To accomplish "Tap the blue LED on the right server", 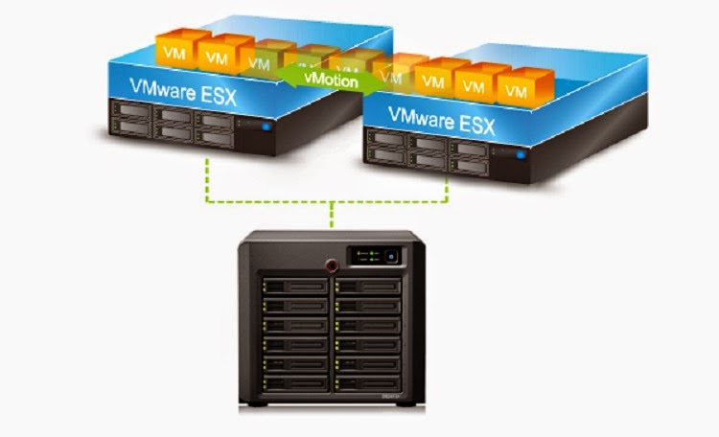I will pyautogui.click(x=522, y=152).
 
